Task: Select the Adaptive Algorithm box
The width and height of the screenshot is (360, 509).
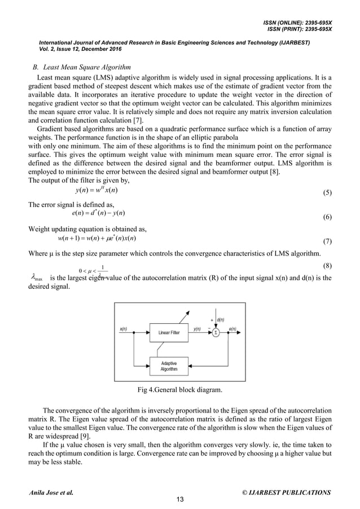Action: pyautogui.click(x=169, y=366)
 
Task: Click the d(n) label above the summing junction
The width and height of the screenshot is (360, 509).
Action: pyautogui.click(x=221, y=319)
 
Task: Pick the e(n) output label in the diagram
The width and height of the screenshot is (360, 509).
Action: pyautogui.click(x=232, y=328)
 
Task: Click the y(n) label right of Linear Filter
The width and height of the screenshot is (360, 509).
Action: pyautogui.click(x=197, y=328)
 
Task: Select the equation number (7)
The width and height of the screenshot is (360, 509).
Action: pyautogui.click(x=326, y=241)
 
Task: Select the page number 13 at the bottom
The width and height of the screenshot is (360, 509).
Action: pyautogui.click(x=179, y=498)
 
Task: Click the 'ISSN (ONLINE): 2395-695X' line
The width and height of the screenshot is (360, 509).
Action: pyautogui.click(x=297, y=22)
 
